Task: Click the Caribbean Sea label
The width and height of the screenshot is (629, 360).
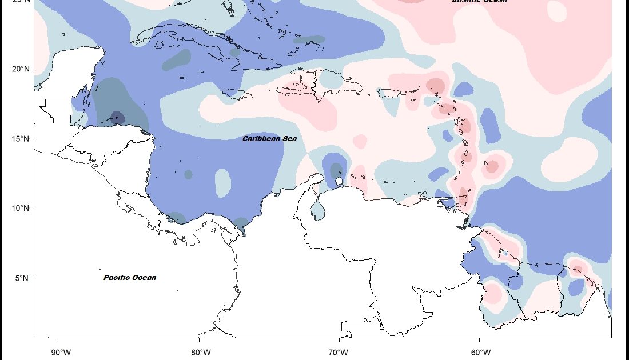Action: [269, 138]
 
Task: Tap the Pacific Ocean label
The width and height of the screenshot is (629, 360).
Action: [130, 278]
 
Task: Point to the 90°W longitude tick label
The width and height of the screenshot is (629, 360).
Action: [61, 351]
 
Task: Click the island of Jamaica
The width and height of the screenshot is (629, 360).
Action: [237, 94]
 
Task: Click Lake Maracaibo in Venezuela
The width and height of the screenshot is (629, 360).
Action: [318, 211]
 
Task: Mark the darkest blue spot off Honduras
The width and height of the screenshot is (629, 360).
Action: [117, 117]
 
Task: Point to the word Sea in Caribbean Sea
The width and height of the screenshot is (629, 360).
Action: [289, 138]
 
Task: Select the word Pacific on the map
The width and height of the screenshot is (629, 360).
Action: [116, 278]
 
